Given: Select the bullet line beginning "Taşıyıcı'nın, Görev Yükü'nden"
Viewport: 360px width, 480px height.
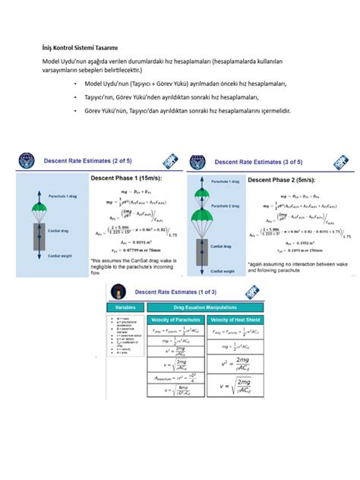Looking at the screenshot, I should click(171, 97).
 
